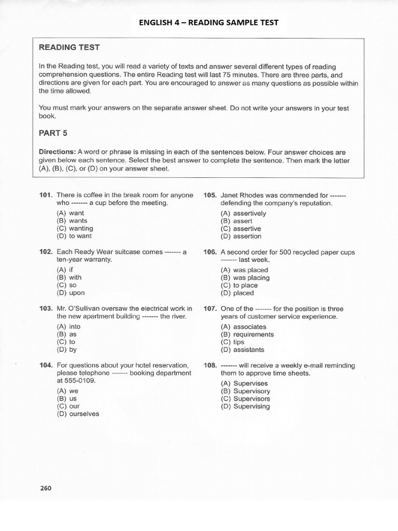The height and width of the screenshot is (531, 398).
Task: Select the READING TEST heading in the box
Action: click(x=69, y=48)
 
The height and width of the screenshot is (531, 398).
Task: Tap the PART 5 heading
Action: click(x=53, y=133)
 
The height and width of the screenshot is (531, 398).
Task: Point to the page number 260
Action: click(x=46, y=488)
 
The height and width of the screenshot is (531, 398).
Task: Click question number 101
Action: click(x=46, y=195)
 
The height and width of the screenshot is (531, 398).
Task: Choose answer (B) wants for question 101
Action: click(x=72, y=221)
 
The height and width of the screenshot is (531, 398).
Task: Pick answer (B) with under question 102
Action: click(x=69, y=277)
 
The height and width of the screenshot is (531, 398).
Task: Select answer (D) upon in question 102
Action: click(x=70, y=293)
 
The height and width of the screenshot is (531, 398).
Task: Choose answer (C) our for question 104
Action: click(x=68, y=407)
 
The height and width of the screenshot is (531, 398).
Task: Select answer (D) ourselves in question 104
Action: click(x=78, y=414)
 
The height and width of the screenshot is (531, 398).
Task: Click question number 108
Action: click(x=210, y=366)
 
